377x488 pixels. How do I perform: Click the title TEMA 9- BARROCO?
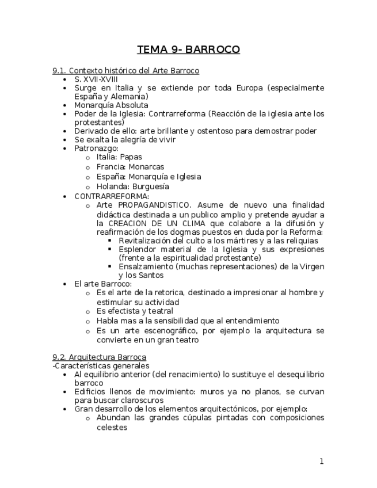click(188, 49)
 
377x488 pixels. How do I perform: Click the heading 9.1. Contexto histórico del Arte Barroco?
click(125, 71)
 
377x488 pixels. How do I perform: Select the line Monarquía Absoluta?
click(111, 105)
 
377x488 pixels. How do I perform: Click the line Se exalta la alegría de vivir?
click(125, 139)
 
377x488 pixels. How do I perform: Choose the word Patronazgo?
click(96, 148)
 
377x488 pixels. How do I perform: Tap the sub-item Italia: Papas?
click(119, 157)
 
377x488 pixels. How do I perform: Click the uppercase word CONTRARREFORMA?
click(112, 196)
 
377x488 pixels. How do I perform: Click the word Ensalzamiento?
click(146, 266)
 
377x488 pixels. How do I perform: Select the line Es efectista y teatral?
click(135, 311)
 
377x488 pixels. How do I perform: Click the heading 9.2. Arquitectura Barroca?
click(99, 357)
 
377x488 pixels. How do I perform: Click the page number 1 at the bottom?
click(322, 461)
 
